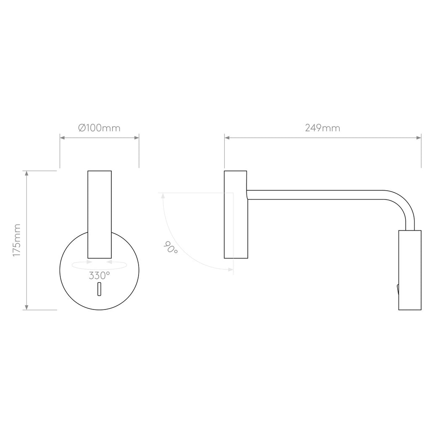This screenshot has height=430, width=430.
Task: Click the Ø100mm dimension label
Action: (99, 128)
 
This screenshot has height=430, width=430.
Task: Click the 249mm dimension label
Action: (322, 128)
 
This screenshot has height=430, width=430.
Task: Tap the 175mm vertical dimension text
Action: (17, 240)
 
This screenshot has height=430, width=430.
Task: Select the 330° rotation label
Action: (100, 276)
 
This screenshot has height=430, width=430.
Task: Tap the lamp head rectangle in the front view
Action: (100, 214)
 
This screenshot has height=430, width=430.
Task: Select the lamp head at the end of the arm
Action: (409, 270)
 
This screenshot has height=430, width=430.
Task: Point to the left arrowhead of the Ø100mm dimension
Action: (62, 137)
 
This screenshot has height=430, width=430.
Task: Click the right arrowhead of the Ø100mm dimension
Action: (137, 137)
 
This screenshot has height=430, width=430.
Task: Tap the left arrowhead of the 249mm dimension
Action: (227, 137)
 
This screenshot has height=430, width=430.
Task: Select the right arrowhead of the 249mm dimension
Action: (419, 137)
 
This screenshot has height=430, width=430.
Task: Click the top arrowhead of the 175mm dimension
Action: (27, 173)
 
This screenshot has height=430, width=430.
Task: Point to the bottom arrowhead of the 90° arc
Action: (231, 269)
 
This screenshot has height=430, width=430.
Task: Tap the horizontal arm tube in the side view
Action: (319, 195)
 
